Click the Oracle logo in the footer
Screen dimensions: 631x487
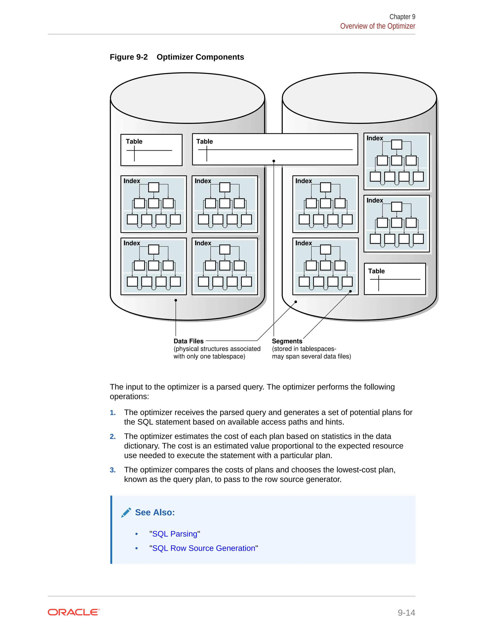coord(73,612)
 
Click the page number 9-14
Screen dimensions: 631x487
coord(406,612)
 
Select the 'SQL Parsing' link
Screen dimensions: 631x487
coord(175,534)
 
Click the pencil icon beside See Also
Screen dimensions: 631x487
coord(126,513)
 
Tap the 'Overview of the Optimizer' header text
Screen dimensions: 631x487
coord(377,26)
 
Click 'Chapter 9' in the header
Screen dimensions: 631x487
coord(402,17)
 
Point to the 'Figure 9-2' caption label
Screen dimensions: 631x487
coord(129,57)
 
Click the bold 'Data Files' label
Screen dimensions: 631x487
coord(188,341)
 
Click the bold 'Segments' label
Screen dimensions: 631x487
coord(287,341)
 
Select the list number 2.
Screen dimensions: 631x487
coord(112,436)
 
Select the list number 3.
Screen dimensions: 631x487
coord(112,470)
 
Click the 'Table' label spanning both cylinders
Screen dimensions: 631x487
coord(205,141)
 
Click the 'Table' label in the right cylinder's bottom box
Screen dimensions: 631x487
coord(376,271)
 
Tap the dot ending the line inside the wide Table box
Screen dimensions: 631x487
coord(274,161)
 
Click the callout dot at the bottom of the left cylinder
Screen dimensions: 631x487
coord(176,300)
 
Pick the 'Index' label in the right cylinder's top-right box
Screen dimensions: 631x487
coord(375,138)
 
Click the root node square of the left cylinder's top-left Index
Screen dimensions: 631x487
coord(153,187)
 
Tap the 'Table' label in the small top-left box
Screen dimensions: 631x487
coord(134,141)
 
